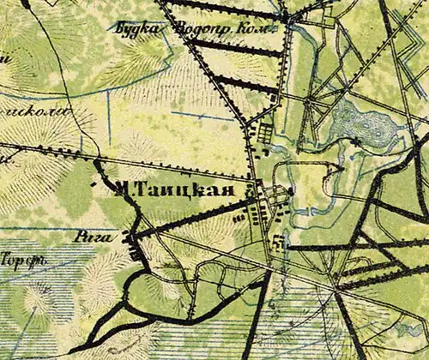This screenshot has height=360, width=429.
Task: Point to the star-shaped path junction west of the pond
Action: (306, 101)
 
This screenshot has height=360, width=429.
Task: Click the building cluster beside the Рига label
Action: (131, 243)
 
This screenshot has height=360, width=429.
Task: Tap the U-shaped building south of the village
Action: (277, 243)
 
